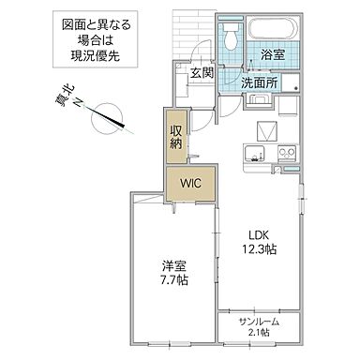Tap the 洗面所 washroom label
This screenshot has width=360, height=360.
(x=260, y=82)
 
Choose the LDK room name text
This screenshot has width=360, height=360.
(x=261, y=234)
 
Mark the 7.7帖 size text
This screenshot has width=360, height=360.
(x=173, y=281)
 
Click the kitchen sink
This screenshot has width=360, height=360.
(x=251, y=154)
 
